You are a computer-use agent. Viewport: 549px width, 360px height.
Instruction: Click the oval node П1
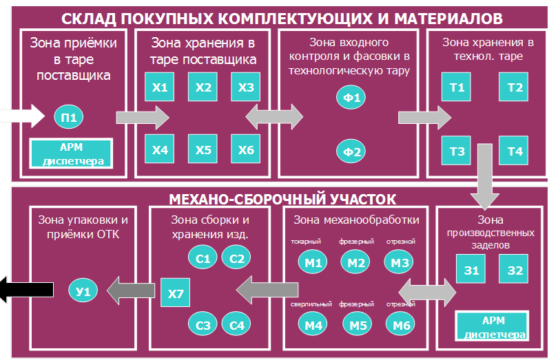tap(69, 117)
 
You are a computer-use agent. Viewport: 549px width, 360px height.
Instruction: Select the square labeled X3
tap(245, 87)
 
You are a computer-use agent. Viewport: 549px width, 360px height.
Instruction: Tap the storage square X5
tap(203, 150)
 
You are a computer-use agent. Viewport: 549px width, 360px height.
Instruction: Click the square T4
tap(515, 151)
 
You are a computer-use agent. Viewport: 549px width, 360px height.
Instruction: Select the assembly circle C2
tap(237, 259)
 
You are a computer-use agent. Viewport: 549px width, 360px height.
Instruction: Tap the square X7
tap(175, 293)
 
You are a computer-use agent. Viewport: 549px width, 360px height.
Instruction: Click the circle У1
tap(83, 292)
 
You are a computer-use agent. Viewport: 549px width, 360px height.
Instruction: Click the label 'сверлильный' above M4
tap(309, 304)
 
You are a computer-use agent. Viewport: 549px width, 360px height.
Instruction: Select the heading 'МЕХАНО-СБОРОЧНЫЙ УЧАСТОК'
tap(282, 200)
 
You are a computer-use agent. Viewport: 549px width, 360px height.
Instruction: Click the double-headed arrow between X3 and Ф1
tap(274, 115)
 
